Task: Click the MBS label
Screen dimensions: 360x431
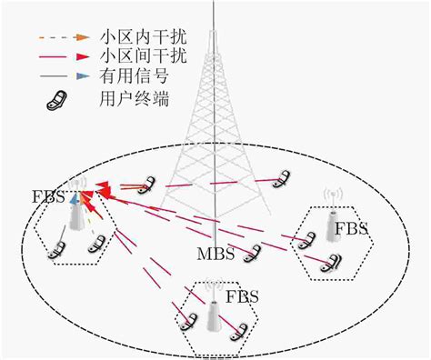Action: (216, 254)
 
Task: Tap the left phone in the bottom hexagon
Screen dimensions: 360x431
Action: (189, 320)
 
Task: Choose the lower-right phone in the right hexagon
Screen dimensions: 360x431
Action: (334, 263)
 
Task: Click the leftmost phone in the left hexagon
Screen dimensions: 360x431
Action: (58, 246)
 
